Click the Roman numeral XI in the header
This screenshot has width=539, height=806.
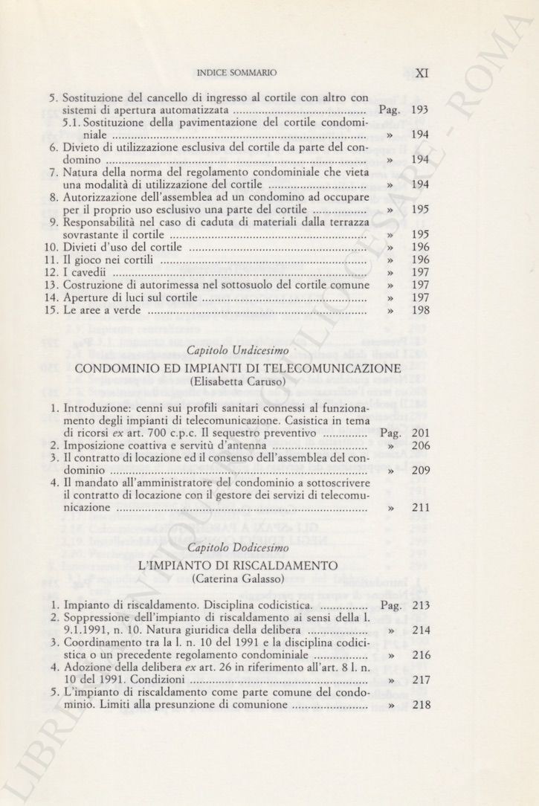tap(422, 73)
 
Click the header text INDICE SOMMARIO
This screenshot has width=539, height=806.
tap(236, 74)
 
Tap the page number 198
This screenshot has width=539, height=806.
tap(421, 311)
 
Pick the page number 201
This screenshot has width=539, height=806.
tap(421, 433)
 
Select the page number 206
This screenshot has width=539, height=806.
tap(421, 445)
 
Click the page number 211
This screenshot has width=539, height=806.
tap(421, 508)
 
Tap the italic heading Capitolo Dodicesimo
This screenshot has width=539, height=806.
tap(237, 548)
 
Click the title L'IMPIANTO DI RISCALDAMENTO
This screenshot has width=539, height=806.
tap(238, 565)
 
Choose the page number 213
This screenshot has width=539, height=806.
tap(421, 605)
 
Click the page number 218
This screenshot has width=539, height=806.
tap(421, 705)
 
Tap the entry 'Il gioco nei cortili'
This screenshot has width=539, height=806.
tap(109, 260)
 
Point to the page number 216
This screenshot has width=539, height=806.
tap(421, 655)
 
